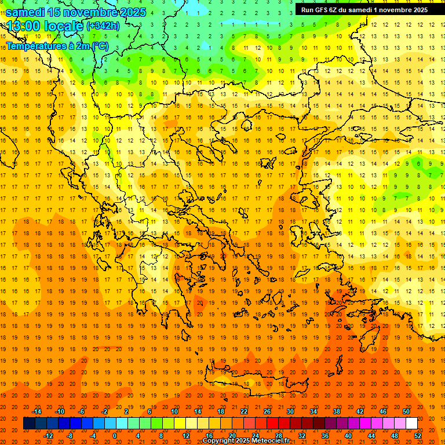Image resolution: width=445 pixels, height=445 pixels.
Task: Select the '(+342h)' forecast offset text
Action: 103,25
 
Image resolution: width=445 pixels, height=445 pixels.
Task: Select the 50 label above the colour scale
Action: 406,411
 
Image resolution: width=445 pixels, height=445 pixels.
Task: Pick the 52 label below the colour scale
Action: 418,435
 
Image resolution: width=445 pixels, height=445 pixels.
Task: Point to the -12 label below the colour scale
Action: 48,435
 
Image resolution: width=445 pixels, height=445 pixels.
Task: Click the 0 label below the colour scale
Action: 114,435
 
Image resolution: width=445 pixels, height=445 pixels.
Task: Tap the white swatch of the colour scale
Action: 412,423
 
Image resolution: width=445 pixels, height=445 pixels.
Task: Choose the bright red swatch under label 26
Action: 272,423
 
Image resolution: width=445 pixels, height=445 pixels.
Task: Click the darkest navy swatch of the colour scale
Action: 29,423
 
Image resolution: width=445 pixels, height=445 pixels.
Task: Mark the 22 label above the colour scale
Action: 244,411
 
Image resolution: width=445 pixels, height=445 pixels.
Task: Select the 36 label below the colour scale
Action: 325,435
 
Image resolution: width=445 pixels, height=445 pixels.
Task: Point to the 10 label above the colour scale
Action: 174,411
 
